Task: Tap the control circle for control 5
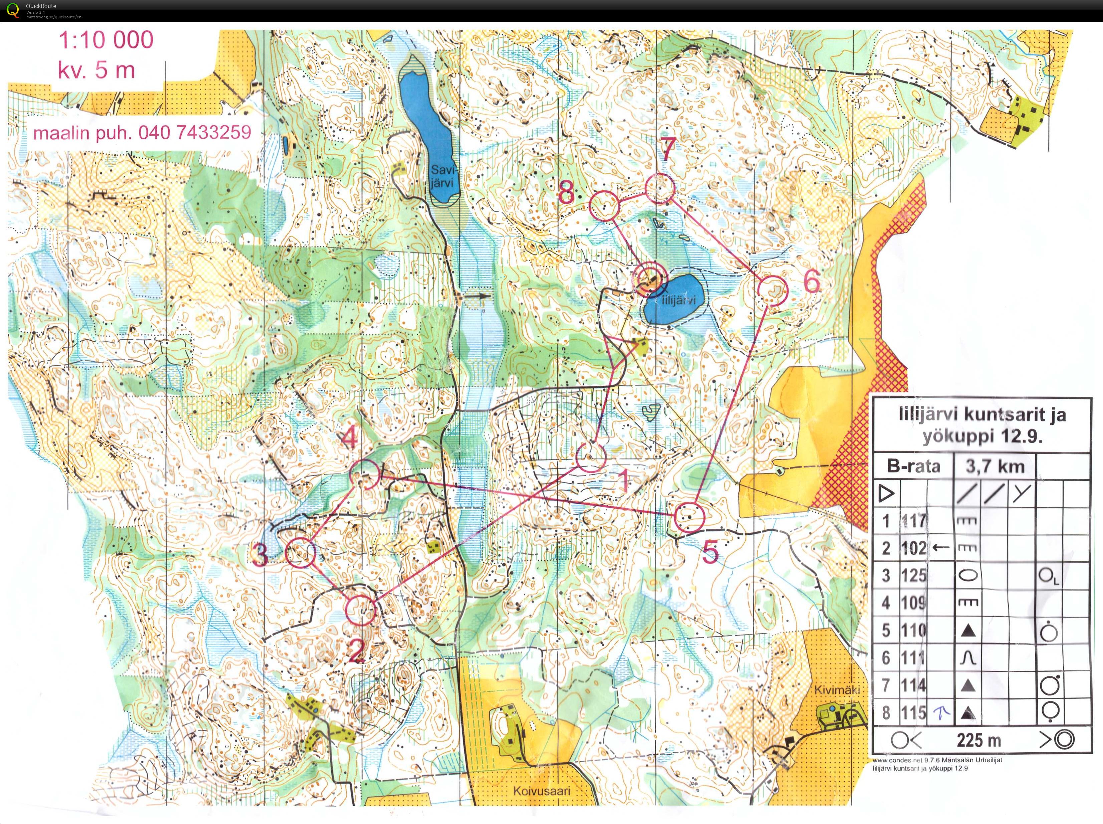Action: [689, 517]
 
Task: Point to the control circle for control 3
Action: [301, 553]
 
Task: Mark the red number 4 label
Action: [350, 439]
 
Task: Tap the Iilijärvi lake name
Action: [678, 300]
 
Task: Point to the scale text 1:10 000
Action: [106, 40]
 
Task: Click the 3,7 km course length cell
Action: [994, 466]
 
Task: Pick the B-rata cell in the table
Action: [913, 466]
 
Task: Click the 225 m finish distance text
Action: [979, 740]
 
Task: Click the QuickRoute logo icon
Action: [13, 10]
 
